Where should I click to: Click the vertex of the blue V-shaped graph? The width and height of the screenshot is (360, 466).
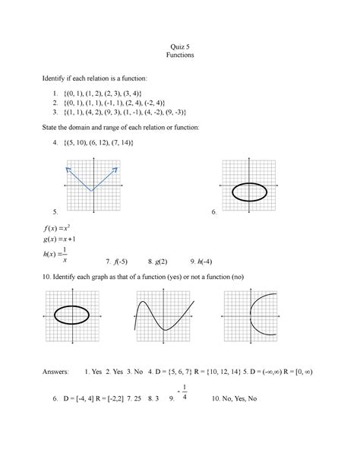point(92,190)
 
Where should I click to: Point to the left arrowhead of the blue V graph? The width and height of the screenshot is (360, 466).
point(68,168)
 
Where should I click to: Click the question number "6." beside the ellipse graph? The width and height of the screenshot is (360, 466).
point(215,214)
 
